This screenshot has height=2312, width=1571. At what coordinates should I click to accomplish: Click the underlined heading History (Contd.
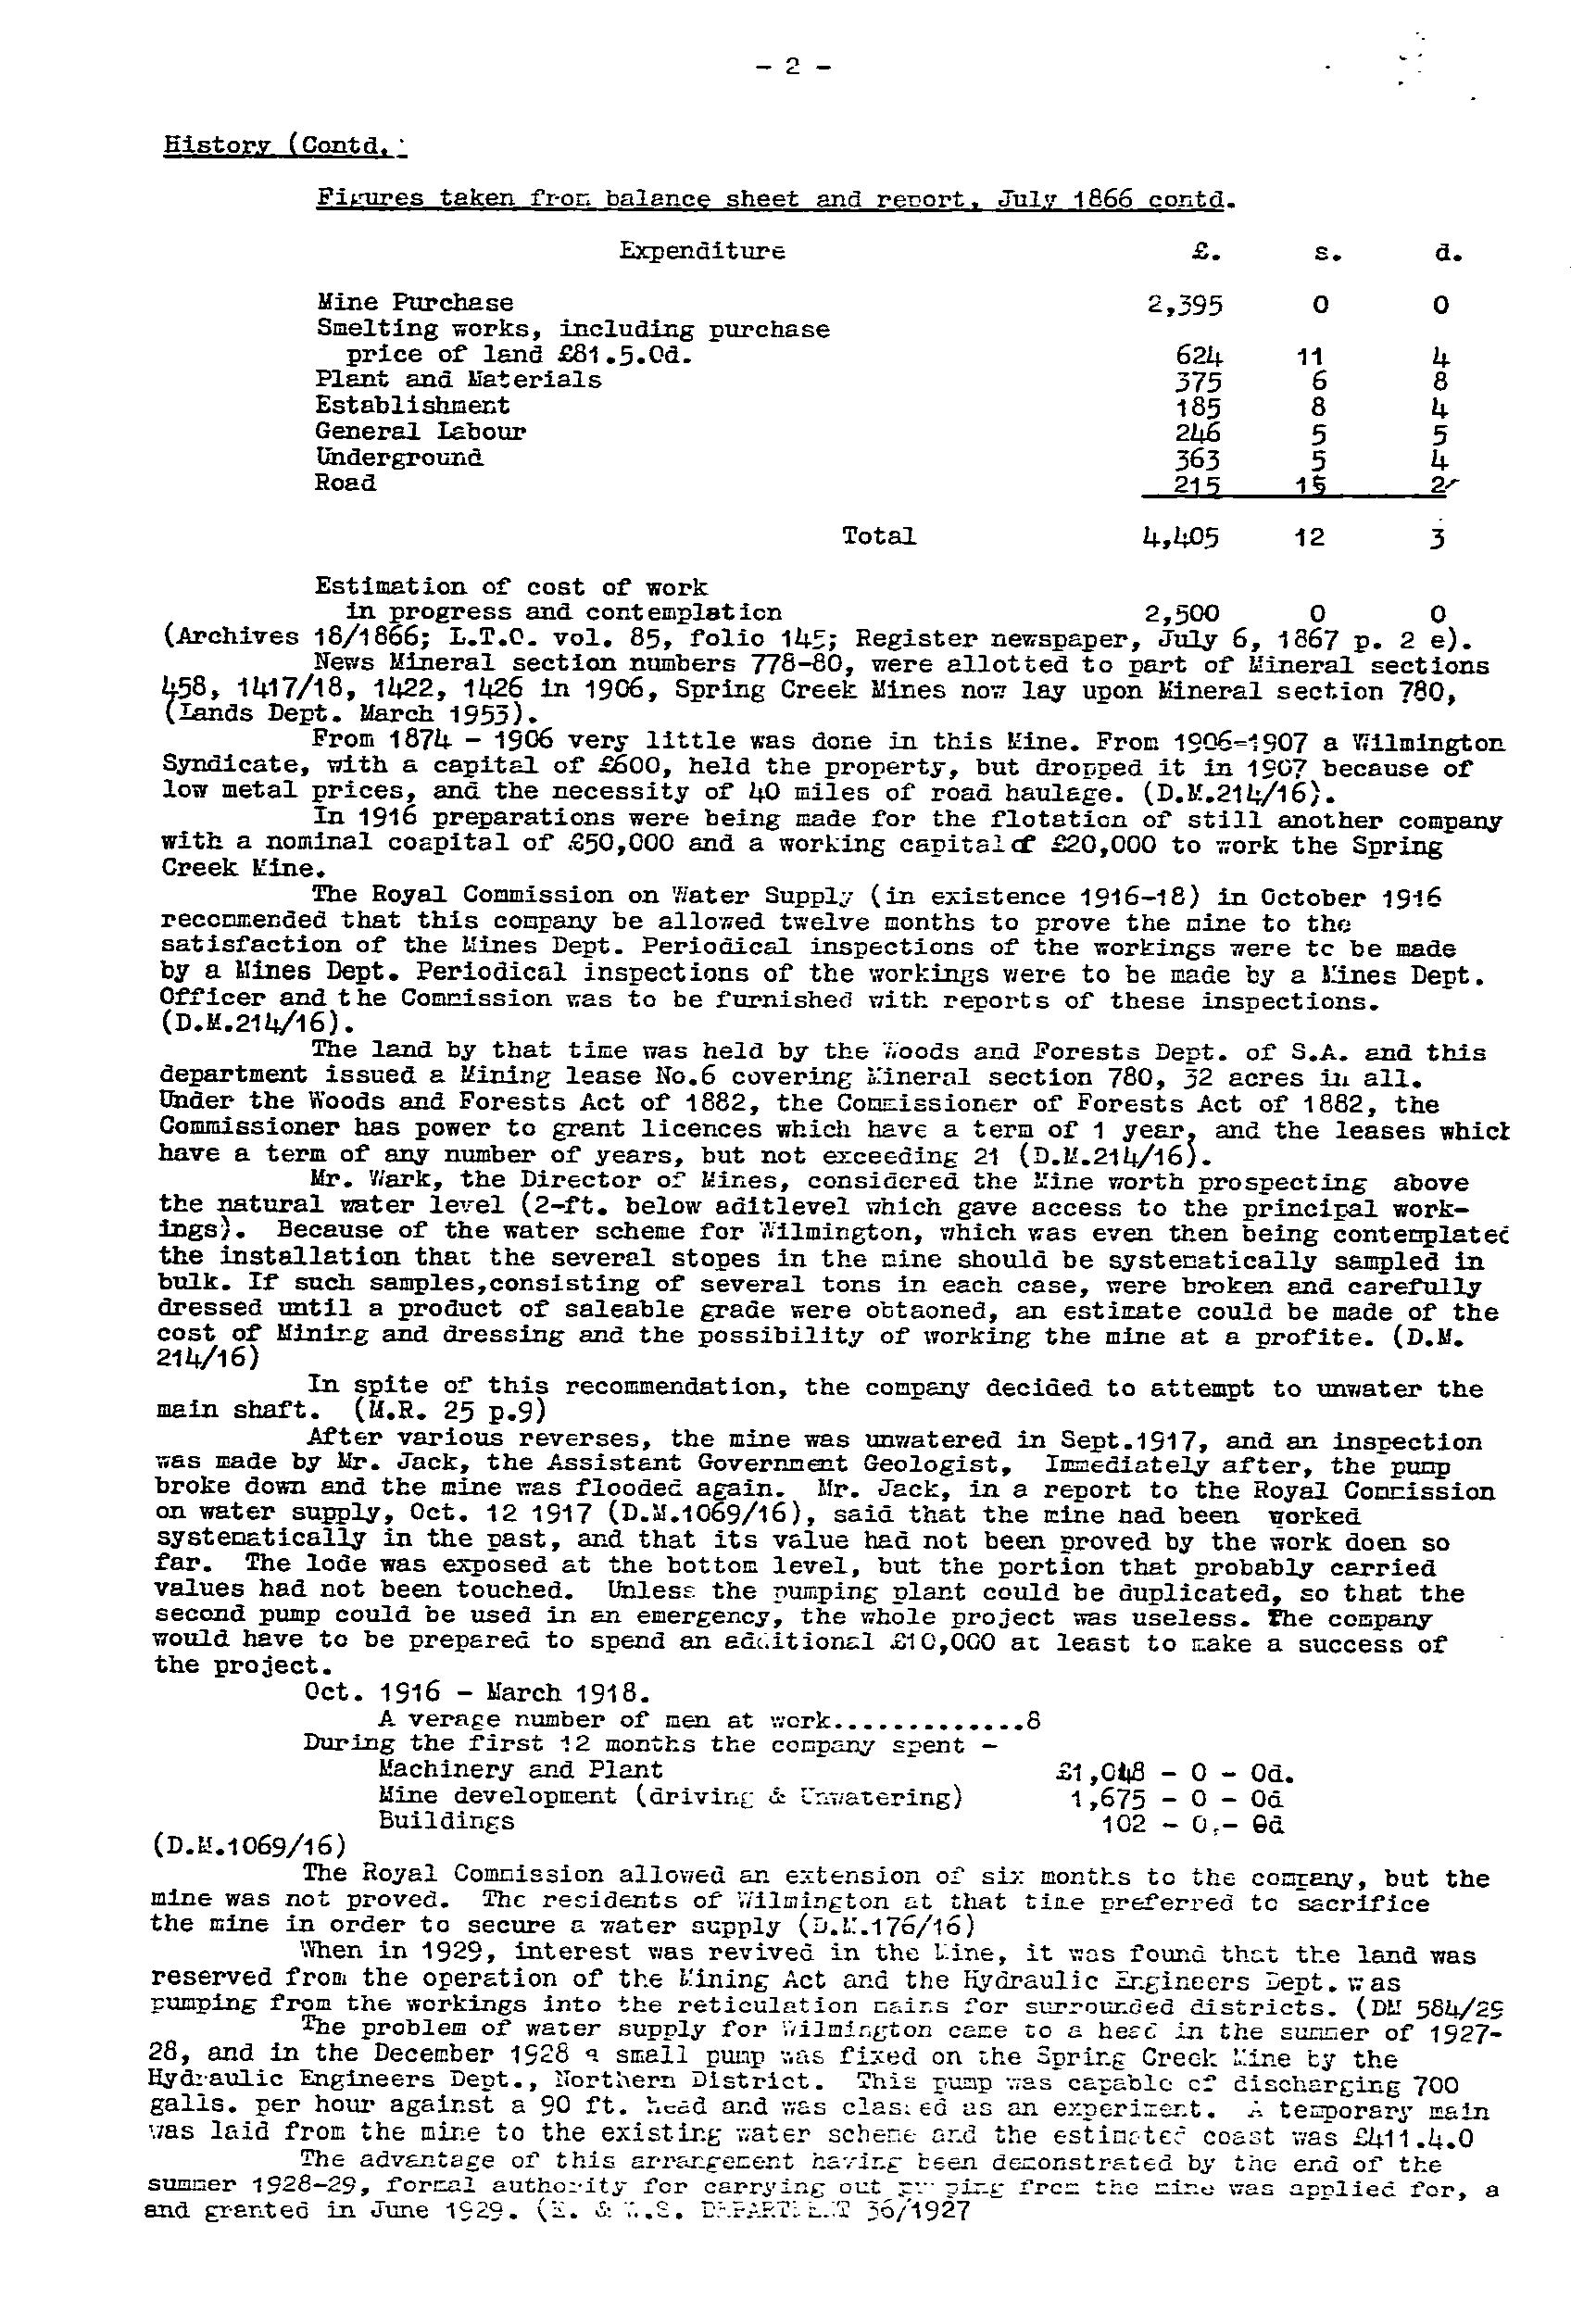(284, 145)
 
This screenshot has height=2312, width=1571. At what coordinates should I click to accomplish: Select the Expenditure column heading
(701, 251)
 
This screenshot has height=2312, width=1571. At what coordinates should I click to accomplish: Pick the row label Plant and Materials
(458, 380)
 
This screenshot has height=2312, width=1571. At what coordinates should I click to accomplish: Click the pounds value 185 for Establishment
(1196, 407)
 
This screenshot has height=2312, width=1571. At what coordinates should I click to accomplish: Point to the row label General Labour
(420, 432)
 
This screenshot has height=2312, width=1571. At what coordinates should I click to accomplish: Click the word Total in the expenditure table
(878, 536)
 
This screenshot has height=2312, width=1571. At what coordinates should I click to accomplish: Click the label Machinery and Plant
(521, 1770)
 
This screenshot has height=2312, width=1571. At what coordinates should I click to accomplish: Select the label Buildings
(446, 1820)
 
